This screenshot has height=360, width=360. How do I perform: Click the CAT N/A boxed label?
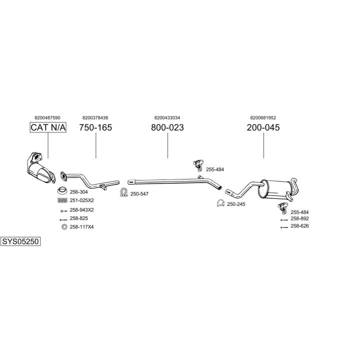pos(48,127)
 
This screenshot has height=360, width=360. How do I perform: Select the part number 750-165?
pos(95,127)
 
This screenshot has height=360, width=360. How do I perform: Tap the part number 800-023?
pos(167,127)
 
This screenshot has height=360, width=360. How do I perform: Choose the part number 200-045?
pos(263,127)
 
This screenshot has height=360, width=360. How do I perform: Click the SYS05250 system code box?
pos(20,241)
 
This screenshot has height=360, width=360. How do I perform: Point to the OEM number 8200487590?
pos(47,117)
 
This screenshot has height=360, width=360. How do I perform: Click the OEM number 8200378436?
pos(95,117)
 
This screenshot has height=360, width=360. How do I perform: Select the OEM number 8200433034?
pos(167,117)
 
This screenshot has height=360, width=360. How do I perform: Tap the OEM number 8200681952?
pos(263,117)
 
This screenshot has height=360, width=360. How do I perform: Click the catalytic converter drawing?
pos(38,167)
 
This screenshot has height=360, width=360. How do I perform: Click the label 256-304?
pos(78,192)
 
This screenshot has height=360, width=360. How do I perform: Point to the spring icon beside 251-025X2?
pos(62,200)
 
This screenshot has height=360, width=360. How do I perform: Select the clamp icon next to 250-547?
pos(123,192)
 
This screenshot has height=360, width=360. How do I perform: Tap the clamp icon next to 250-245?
pos(220,203)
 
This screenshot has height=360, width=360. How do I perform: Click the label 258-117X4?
pos(82,227)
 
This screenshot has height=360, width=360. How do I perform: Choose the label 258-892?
pos(299,218)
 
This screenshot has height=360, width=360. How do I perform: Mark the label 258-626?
pos(299,226)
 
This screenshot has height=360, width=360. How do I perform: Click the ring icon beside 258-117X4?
pos(63,227)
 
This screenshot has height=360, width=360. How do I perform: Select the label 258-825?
pos(78,218)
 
